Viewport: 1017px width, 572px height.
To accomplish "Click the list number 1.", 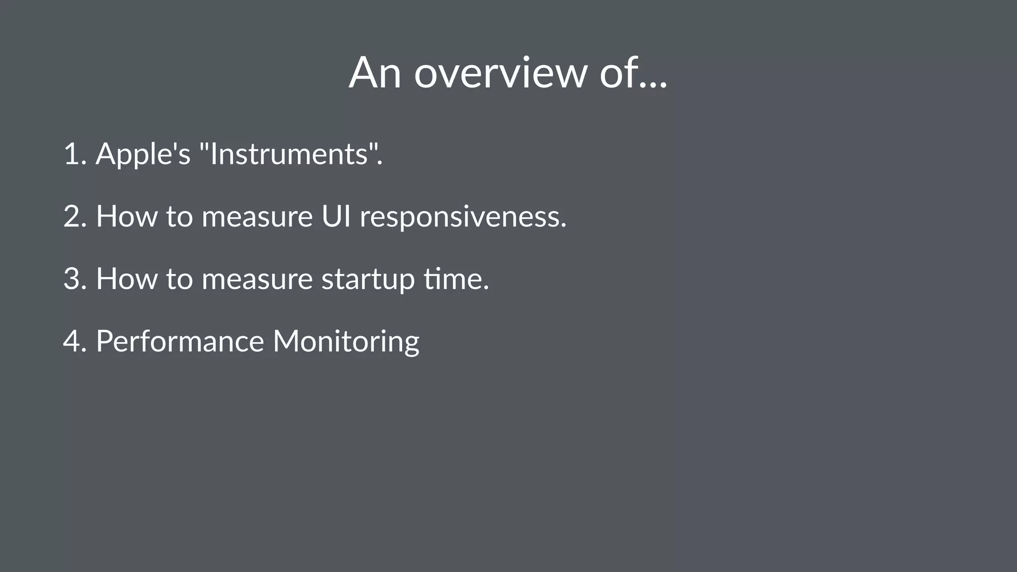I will click(73, 154).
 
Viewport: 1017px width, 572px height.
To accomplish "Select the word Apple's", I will click(143, 154).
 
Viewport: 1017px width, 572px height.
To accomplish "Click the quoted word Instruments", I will click(289, 154).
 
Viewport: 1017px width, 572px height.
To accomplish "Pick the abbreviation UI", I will click(336, 216).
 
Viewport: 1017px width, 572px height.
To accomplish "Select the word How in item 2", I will click(126, 216).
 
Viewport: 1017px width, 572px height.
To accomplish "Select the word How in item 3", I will click(126, 279).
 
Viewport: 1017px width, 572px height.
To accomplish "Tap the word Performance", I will click(180, 341).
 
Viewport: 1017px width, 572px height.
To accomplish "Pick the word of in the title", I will click(617, 73).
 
